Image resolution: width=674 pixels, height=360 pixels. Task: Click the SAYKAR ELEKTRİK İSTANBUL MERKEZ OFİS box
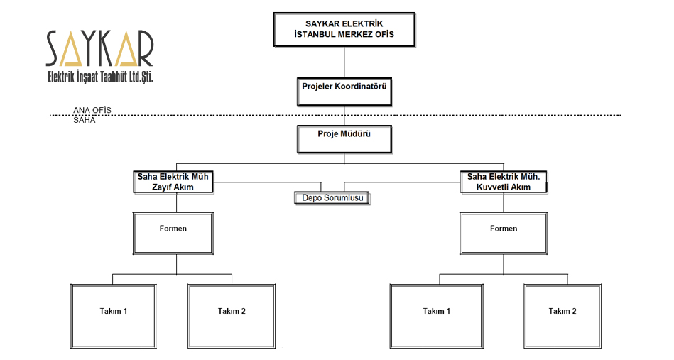[344, 29]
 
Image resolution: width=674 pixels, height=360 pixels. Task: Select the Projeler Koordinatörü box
[344, 92]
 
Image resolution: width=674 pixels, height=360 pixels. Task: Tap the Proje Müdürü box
[344, 139]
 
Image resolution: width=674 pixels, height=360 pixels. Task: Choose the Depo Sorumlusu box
[332, 198]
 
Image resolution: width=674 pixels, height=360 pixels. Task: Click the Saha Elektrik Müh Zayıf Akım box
[173, 182]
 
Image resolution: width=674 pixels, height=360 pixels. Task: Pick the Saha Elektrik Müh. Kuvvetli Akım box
[504, 182]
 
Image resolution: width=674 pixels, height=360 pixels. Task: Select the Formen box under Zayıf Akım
[173, 234]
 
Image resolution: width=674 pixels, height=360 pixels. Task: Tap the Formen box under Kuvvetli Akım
[504, 234]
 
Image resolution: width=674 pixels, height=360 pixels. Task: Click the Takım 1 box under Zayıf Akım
[114, 316]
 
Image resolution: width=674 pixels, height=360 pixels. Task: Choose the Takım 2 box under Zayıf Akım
[232, 316]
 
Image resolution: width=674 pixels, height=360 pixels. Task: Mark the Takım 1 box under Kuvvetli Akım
[437, 316]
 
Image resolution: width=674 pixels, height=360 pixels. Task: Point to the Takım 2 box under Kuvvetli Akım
[562, 316]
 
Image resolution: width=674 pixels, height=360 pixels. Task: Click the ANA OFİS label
[92, 110]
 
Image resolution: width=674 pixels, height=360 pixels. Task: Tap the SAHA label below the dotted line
[85, 120]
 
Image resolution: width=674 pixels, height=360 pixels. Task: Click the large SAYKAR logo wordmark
[99, 48]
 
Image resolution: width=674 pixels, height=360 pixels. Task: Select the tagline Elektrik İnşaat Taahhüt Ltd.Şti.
[100, 77]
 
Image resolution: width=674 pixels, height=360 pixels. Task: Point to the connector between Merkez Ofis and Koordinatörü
[344, 62]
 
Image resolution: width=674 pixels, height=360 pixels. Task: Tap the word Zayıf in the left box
[162, 187]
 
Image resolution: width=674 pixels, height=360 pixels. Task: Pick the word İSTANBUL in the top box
[315, 34]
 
